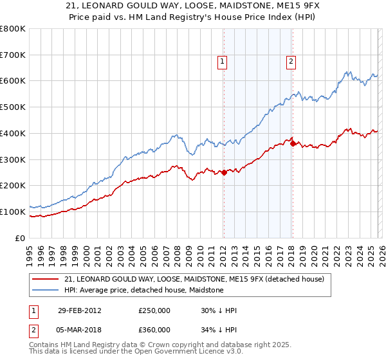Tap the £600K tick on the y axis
13,81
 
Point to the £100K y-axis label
13,212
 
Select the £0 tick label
21,238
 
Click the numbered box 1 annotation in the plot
222,62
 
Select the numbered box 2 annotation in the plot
291,62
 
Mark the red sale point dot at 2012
224,172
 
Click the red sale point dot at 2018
293,143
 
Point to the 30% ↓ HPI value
219,310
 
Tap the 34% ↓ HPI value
219,330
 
